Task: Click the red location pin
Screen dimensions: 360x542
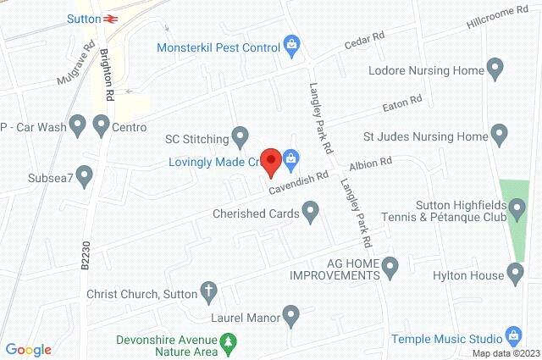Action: [270, 161]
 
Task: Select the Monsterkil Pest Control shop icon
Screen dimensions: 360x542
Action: [291, 43]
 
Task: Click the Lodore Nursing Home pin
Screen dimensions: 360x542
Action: [496, 67]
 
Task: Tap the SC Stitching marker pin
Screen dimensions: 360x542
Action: [241, 134]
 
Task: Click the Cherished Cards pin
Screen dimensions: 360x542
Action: [311, 209]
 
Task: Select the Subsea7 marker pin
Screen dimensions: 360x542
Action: [84, 176]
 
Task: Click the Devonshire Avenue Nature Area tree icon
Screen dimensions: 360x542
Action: [228, 342]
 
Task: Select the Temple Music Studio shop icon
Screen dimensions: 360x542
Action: [512, 335]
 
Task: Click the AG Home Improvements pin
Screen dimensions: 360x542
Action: [390, 269]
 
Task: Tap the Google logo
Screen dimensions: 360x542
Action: [29, 349]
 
